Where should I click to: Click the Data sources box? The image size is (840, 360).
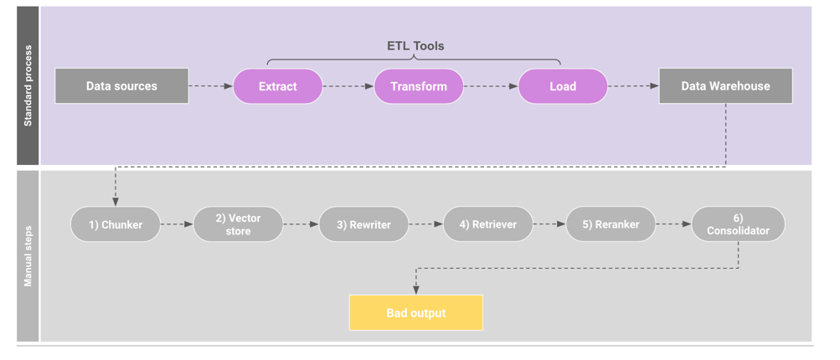121,86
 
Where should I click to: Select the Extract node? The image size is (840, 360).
278,86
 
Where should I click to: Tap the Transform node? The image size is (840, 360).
419,86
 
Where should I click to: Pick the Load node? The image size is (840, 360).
563,86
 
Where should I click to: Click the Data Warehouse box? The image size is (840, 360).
725,86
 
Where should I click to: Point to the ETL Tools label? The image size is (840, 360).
415,46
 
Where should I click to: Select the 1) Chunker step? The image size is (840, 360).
116,224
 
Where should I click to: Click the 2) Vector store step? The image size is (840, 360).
239,224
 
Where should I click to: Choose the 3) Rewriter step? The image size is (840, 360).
364,224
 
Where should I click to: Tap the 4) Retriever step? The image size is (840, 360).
488,224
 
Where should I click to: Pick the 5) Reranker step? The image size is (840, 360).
611,224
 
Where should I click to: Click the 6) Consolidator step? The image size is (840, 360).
738,224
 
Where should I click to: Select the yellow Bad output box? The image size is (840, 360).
416,313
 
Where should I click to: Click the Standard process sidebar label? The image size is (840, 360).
28,86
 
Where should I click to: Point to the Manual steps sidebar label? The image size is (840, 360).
28,255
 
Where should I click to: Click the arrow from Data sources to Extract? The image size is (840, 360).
210,86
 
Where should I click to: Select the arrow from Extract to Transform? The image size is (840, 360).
348,86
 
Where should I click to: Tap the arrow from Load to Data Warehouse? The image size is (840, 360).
633,86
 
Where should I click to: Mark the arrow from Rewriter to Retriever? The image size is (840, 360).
426,224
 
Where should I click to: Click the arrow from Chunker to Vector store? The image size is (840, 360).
177,224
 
